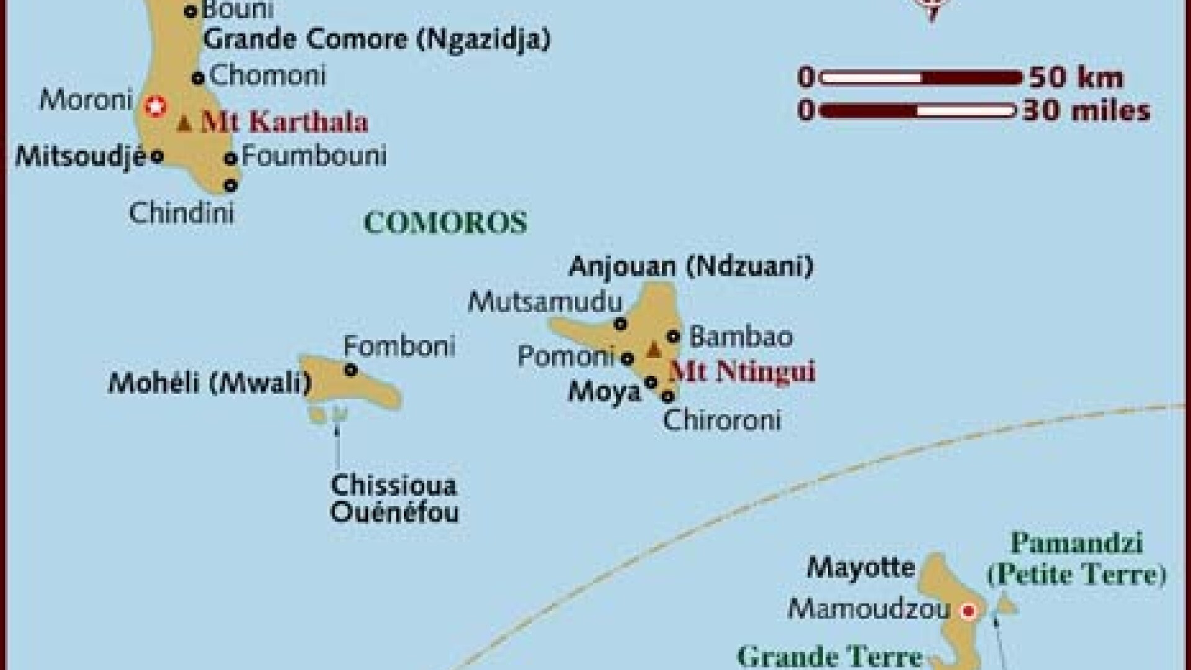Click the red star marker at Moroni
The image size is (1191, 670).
click(155, 106)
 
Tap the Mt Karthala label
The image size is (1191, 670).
click(284, 122)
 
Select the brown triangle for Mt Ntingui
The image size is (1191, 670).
click(654, 351)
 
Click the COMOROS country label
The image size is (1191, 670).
click(445, 223)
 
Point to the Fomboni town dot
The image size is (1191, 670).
click(350, 370)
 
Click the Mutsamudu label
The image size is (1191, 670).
click(545, 302)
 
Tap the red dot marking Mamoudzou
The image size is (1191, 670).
click(968, 611)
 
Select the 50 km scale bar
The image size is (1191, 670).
click(921, 78)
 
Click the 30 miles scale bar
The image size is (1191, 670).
click(918, 112)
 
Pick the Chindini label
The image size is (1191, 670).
click(181, 213)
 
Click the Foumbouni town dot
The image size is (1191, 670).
click(231, 158)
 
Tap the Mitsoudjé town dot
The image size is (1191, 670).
click(157, 156)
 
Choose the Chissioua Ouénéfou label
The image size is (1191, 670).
click(394, 499)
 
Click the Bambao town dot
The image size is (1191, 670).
click(673, 337)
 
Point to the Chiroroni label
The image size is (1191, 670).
click(721, 420)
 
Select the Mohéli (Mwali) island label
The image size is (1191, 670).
click(210, 383)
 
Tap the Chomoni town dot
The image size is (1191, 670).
click(198, 78)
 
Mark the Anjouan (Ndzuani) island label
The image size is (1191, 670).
click(690, 267)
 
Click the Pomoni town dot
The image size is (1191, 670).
click(627, 358)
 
